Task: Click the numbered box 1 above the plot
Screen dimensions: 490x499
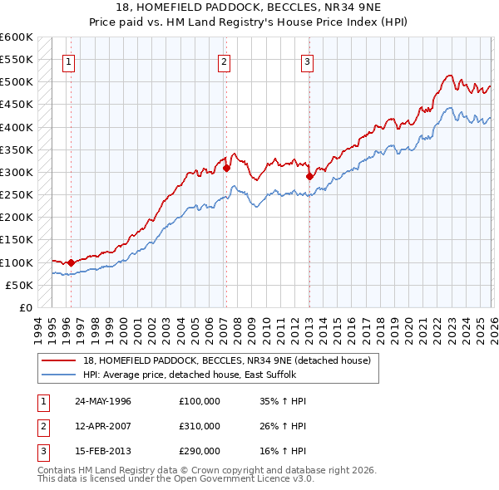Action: pyautogui.click(x=68, y=61)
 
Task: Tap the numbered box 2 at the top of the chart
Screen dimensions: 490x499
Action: pyautogui.click(x=225, y=61)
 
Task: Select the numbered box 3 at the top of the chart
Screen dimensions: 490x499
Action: pyautogui.click(x=307, y=61)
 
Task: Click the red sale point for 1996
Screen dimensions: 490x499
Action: pyautogui.click(x=71, y=262)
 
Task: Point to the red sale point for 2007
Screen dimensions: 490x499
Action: pyautogui.click(x=226, y=168)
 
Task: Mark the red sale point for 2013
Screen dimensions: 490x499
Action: pyautogui.click(x=309, y=177)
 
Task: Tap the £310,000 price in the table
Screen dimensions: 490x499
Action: pyautogui.click(x=200, y=426)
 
